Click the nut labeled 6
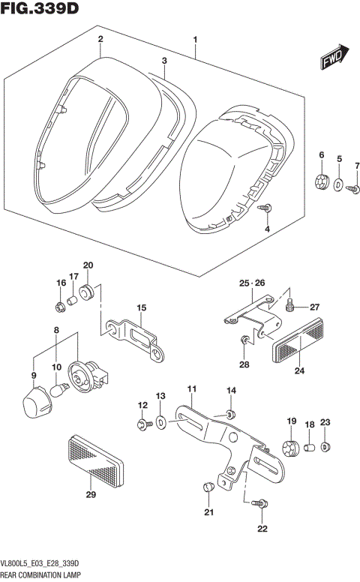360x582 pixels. coord(322,181)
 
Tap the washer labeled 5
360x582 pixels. coord(340,184)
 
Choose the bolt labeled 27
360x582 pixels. coord(291,306)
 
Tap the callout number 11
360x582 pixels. coord(191,388)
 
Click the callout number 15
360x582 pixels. coord(140,308)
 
